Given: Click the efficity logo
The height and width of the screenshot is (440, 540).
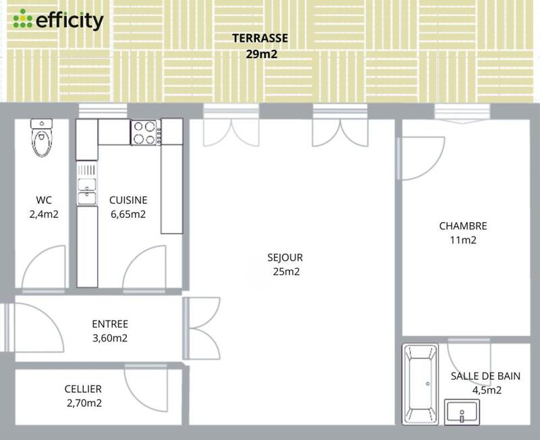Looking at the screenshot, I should click(x=59, y=20).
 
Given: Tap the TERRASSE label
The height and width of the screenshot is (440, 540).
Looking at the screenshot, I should click(x=261, y=38).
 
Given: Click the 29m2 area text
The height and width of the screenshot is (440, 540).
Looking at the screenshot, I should click(x=261, y=52).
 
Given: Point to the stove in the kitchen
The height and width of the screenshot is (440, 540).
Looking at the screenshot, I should click(x=144, y=132).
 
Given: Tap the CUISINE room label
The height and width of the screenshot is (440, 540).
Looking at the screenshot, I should click(x=128, y=200).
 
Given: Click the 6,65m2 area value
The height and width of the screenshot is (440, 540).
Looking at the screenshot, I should click(x=128, y=214).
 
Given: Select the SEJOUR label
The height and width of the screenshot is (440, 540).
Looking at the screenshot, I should click(x=285, y=258).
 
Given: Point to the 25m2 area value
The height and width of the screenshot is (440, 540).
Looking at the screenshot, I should click(x=285, y=272).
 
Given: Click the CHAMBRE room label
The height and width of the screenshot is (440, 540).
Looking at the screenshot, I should click(x=462, y=226).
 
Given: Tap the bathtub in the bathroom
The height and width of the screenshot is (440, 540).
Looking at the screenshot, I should click(x=421, y=384).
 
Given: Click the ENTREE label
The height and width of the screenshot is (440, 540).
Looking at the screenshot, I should click(x=110, y=325).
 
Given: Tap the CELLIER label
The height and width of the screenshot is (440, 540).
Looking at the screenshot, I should click(x=83, y=389).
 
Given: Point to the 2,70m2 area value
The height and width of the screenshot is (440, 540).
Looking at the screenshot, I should click(x=83, y=404).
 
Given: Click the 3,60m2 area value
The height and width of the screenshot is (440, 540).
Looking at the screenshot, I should click(x=110, y=338).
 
